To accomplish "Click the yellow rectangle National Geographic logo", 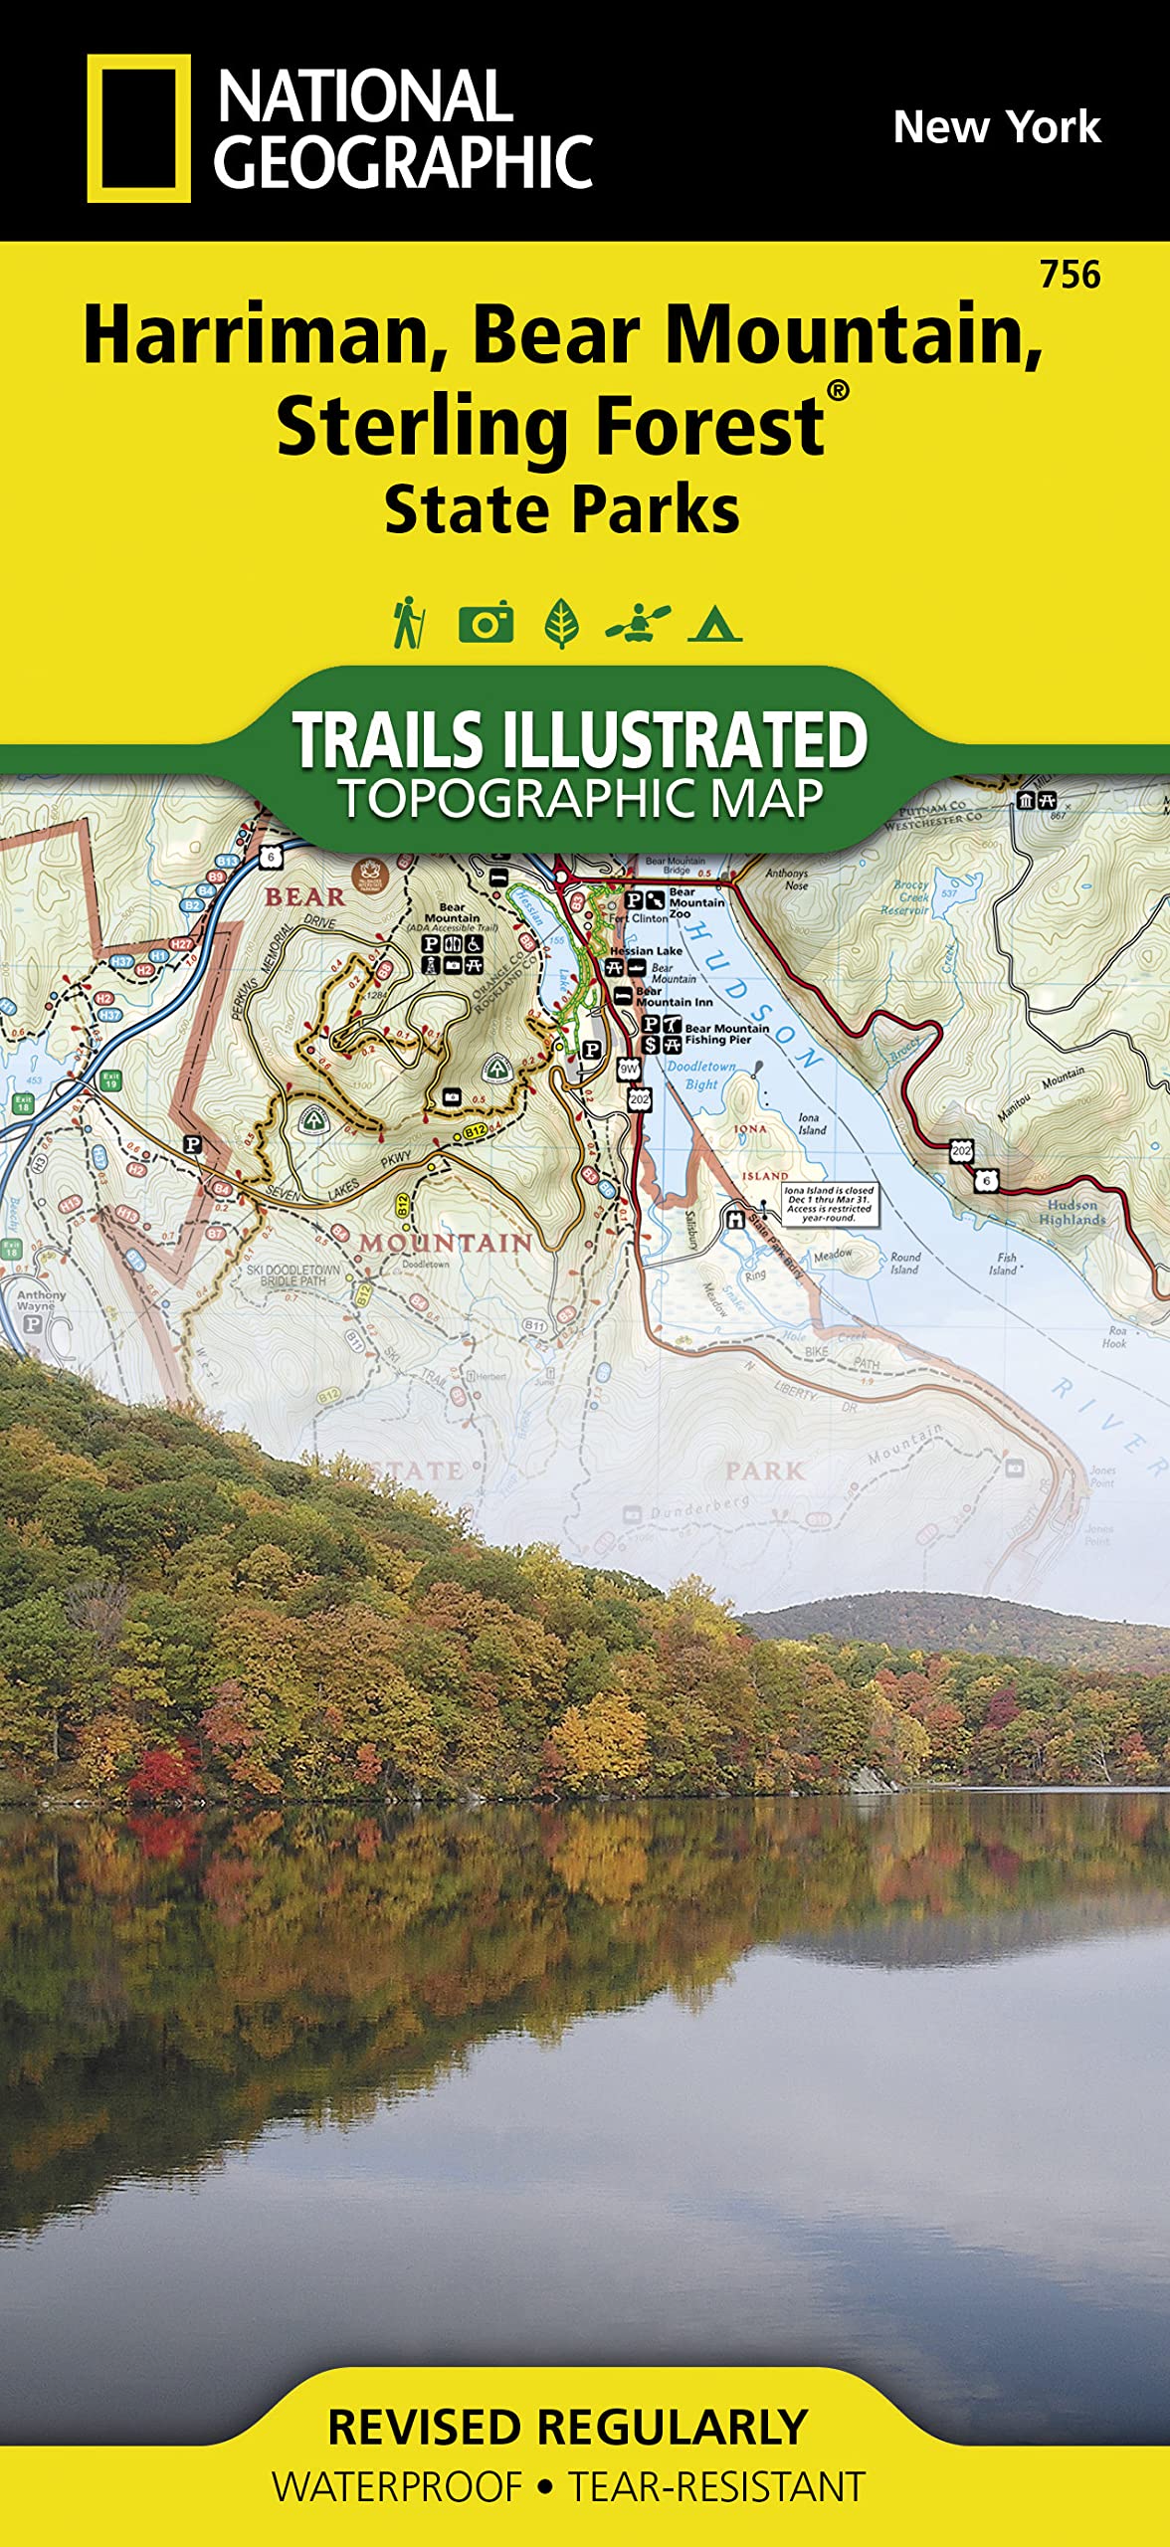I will click(x=138, y=128).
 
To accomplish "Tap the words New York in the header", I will click(x=996, y=127).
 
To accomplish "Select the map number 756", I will click(x=1070, y=275).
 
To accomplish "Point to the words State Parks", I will click(x=562, y=510).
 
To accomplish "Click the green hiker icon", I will click(x=408, y=624).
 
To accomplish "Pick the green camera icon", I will click(x=486, y=624).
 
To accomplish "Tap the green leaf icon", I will click(x=562, y=624).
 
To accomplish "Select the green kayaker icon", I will click(x=638, y=624).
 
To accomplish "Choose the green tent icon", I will click(x=714, y=625).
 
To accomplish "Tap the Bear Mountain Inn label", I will click(x=674, y=997).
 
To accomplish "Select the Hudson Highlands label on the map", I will click(x=1072, y=1212).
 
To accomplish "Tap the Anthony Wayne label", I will click(x=41, y=1300).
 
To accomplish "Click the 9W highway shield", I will click(x=629, y=1070).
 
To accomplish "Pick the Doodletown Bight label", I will click(x=701, y=1075).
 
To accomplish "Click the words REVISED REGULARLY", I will click(x=567, y=2427).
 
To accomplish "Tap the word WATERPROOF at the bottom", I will click(x=397, y=2487).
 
